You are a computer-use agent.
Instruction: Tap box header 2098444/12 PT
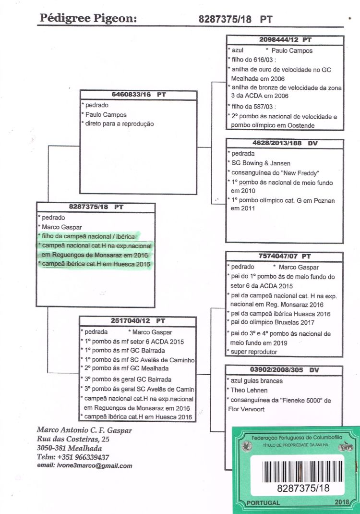(285, 40)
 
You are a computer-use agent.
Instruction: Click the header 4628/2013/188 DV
(285, 144)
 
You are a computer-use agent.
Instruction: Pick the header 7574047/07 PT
(285, 257)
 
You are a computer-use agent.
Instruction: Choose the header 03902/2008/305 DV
(285, 370)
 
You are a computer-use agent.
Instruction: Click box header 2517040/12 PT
(138, 320)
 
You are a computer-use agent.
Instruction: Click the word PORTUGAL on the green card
(263, 502)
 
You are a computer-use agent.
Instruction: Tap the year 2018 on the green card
(343, 502)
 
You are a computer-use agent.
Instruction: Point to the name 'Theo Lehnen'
(251, 391)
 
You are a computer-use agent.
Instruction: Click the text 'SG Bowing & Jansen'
(261, 163)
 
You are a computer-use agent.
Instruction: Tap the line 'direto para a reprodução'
(120, 124)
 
